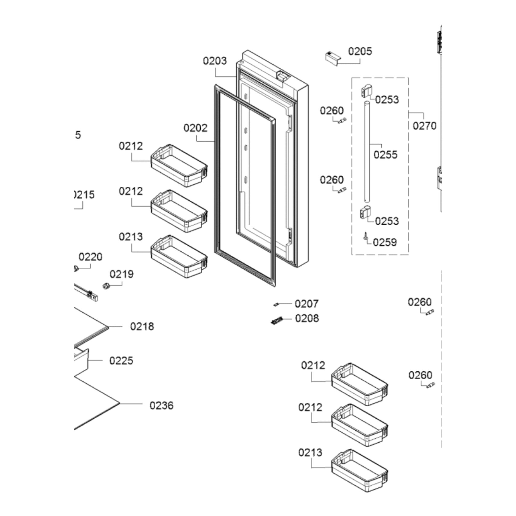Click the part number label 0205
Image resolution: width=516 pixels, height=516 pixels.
[359, 51]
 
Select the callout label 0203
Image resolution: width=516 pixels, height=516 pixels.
[214, 61]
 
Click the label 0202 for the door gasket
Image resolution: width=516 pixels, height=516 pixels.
[195, 128]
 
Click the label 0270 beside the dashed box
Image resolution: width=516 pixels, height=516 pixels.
[424, 126]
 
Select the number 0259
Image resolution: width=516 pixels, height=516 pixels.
[385, 242]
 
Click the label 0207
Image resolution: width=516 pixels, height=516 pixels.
[306, 304]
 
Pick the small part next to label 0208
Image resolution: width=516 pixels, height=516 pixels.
[277, 320]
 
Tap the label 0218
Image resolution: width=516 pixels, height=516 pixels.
[142, 326]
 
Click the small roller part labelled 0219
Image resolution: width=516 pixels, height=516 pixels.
[106, 286]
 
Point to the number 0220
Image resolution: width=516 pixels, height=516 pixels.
[90, 257]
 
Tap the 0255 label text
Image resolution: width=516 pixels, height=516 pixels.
[385, 155]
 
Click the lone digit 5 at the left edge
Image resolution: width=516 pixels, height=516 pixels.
[78, 135]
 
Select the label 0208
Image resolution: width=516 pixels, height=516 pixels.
[307, 318]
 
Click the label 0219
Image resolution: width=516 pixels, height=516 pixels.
[122, 274]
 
